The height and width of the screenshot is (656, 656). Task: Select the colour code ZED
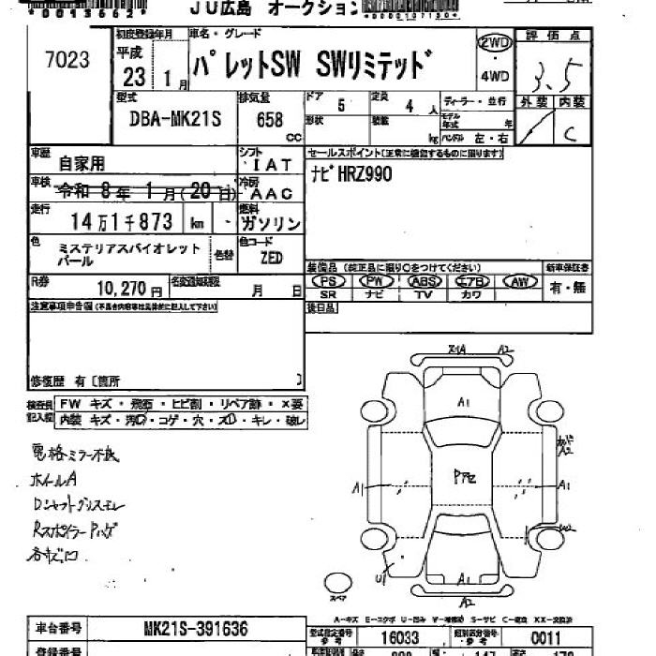(271, 256)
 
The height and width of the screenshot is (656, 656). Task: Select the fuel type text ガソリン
(271, 223)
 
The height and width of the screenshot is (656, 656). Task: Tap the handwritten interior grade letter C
(568, 133)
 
